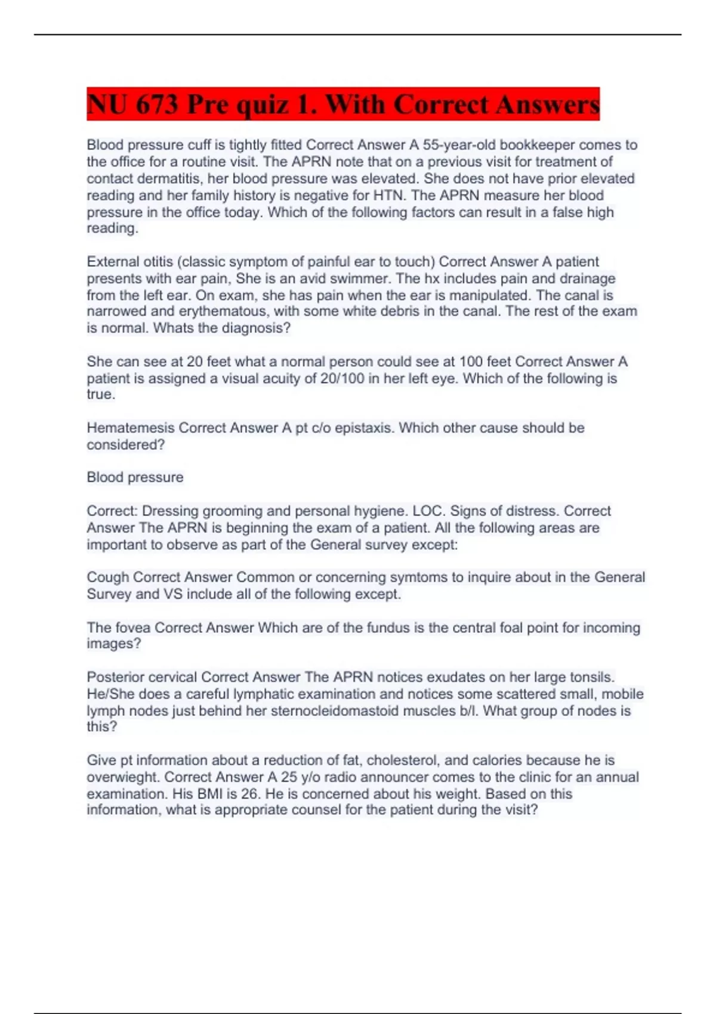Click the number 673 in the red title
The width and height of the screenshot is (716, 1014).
[157, 105]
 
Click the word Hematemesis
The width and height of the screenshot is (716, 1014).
[131, 428]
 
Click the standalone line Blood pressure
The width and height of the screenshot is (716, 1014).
[135, 477]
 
